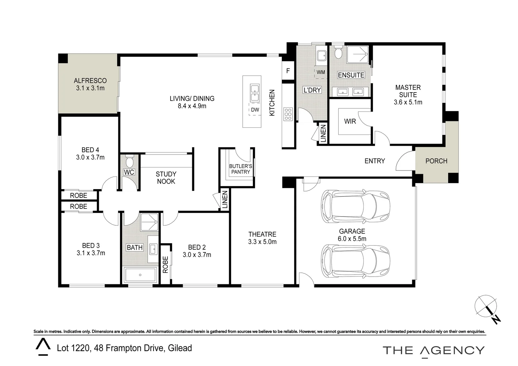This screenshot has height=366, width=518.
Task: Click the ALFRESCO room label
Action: point(90,81)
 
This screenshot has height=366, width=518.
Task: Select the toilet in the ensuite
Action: point(338,53)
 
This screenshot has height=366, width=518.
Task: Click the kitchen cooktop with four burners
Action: point(288,114)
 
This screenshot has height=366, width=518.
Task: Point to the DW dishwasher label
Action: point(255,110)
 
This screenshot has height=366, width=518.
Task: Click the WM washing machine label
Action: point(321,72)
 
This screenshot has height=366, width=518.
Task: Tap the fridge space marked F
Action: point(288,71)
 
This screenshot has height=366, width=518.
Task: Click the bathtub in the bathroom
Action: point(140,275)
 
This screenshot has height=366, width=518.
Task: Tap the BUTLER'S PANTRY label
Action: point(241,169)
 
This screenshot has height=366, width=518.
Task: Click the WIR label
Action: point(350,121)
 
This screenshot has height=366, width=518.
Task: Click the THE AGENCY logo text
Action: point(434,350)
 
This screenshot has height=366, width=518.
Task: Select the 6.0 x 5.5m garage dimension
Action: point(352,239)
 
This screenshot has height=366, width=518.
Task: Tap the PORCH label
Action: point(436,161)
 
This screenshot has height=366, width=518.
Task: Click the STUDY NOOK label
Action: point(166,178)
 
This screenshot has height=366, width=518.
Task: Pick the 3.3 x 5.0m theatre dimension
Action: point(262,242)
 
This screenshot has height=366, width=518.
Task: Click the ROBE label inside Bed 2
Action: point(165,265)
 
